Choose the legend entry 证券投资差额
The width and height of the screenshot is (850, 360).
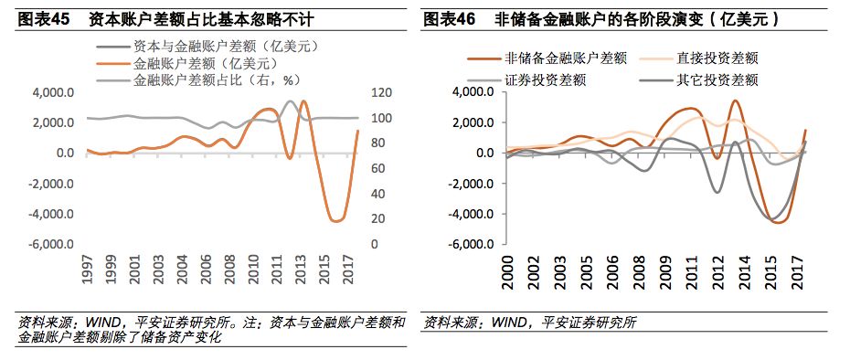545,79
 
